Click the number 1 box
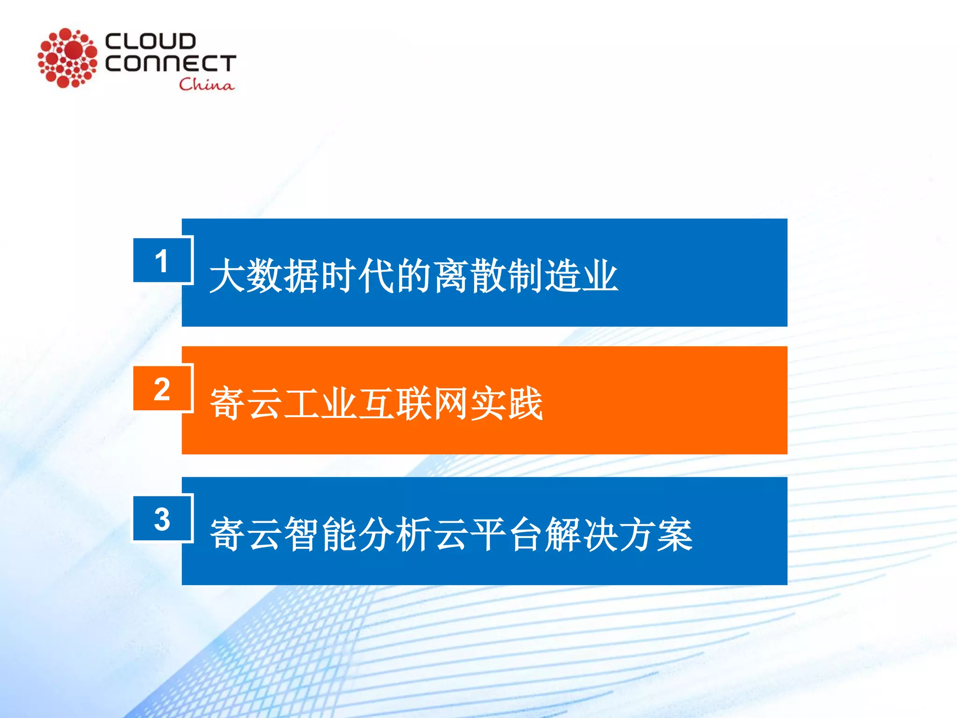(x=162, y=260)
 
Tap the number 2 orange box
(x=162, y=388)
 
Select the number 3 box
(x=162, y=519)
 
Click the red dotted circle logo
(x=68, y=58)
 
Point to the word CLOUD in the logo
(x=150, y=41)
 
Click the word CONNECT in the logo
(x=171, y=63)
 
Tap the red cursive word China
(x=206, y=85)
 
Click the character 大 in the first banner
(x=227, y=276)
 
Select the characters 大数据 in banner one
(x=264, y=276)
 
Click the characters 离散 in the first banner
(x=470, y=276)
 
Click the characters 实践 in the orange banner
(x=507, y=403)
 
